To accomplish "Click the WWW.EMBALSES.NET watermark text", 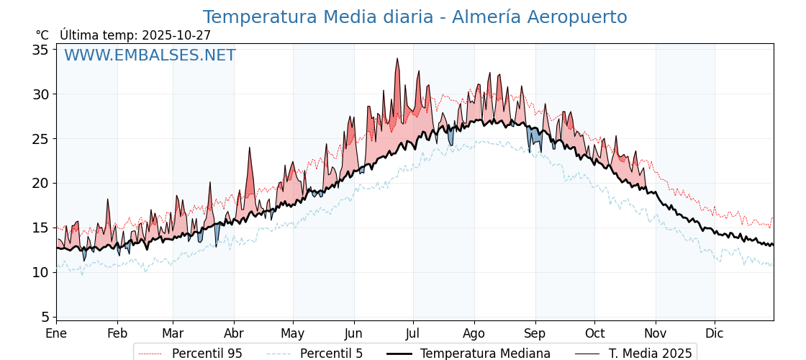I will tap(150, 55).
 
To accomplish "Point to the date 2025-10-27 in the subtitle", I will tap(176, 35).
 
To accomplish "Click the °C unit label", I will tap(42, 35).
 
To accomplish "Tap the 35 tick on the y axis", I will tap(40, 50).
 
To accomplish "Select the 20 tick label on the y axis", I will tap(40, 183).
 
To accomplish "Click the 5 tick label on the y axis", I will tap(45, 317).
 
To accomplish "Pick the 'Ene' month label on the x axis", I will tap(56, 333).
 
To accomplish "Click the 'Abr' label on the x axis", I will tap(234, 333).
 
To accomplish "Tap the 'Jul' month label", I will tap(413, 333).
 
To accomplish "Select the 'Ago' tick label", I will tap(474, 333).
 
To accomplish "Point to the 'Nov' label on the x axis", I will tap(656, 333).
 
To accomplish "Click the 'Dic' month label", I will tap(715, 333).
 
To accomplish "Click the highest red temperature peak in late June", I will tap(397, 60).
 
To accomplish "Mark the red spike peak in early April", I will tap(250, 149).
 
